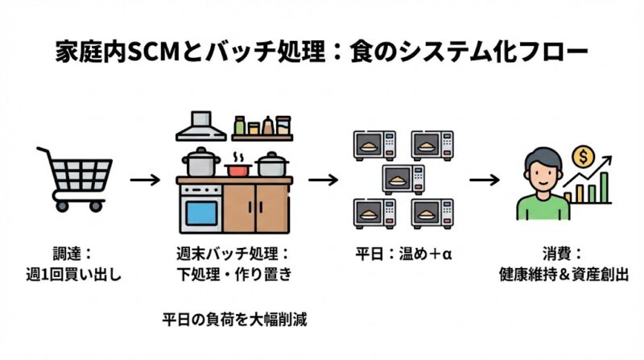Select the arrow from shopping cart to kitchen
[146, 179]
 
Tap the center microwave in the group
[403, 179]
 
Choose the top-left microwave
[374, 145]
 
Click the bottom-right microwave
[433, 213]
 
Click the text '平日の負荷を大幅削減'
[233, 319]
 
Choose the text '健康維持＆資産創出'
[563, 275]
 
